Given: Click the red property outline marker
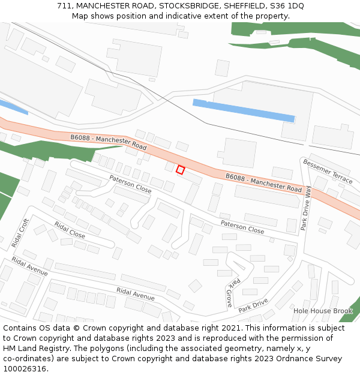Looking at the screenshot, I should click(180, 170).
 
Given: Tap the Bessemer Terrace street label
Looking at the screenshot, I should click(328, 171).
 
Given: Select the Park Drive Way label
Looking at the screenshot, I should click(307, 208).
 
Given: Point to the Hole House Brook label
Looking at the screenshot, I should click(323, 311).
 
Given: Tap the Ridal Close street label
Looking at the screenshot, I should click(70, 230).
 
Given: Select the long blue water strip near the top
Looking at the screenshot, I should click(243, 110).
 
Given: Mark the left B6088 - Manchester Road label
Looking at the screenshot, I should click(109, 142).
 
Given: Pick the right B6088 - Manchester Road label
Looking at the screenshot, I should click(263, 182).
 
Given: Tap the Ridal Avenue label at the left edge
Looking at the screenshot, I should click(29, 267).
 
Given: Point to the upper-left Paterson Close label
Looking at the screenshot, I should click(130, 184).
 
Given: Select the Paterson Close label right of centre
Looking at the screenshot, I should click(242, 227).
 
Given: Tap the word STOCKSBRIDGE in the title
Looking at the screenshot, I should click(188, 5).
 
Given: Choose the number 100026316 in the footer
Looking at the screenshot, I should click(24, 368).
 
